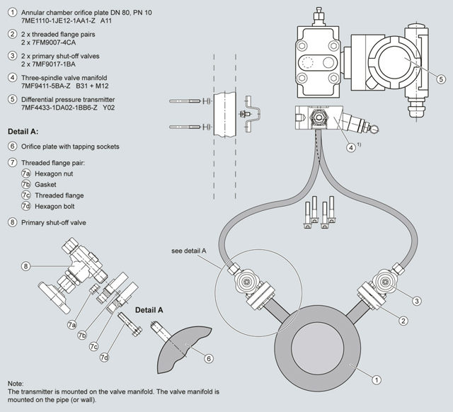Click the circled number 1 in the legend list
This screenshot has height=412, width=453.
[13, 13]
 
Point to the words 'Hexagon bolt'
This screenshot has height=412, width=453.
[56, 206]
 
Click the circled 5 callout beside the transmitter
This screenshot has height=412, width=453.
[440, 79]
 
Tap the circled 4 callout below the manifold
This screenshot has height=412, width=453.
[351, 148]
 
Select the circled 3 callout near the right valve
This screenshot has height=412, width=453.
[417, 301]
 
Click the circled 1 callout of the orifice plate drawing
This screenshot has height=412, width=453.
[377, 380]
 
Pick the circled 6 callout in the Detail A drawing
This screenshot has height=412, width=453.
[208, 359]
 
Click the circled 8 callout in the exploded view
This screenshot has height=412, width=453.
[25, 266]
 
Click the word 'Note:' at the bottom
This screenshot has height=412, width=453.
[17, 383]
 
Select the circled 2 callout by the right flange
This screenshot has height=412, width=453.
[403, 321]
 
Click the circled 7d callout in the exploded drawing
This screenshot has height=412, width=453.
[104, 357]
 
